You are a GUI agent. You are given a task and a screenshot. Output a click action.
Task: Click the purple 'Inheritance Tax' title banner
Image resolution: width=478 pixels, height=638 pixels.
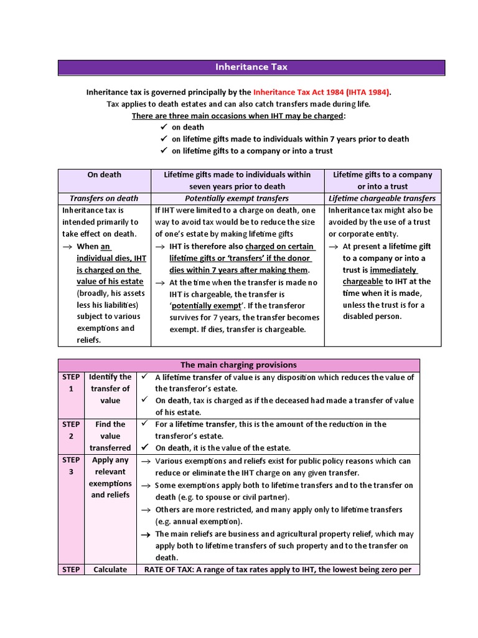point(251,67)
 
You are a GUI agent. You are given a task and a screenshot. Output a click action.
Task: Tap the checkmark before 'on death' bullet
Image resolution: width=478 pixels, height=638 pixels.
point(164,127)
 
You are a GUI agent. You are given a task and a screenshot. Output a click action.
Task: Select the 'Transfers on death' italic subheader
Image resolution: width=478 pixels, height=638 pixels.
point(105,199)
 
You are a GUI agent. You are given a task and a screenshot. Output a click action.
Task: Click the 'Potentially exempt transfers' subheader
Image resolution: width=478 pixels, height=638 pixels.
point(237,199)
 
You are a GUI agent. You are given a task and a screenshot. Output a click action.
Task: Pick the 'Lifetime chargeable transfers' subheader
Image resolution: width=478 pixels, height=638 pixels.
point(382,199)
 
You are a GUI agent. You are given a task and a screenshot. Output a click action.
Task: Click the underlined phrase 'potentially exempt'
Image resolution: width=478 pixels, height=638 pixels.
point(206,306)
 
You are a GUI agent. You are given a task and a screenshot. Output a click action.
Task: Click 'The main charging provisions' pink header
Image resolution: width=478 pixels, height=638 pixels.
point(238,365)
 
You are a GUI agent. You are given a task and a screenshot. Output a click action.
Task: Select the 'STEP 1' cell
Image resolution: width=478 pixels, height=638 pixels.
point(72,383)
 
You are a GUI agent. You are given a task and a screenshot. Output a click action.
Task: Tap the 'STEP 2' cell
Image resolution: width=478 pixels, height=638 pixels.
point(72,430)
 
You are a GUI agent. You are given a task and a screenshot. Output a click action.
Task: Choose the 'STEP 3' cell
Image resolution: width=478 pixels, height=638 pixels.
point(72,466)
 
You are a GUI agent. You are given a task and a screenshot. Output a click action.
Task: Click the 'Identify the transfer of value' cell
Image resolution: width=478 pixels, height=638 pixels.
point(110,389)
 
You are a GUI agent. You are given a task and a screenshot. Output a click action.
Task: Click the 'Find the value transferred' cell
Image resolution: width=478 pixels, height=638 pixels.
point(110,436)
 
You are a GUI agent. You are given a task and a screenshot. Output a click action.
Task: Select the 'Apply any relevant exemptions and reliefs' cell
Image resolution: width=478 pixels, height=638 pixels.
point(110,477)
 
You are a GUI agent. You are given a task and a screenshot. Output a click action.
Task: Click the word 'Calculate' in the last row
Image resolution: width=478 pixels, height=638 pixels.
point(110,569)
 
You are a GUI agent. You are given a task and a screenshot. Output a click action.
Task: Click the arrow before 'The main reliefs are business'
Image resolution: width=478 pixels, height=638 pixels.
point(146,535)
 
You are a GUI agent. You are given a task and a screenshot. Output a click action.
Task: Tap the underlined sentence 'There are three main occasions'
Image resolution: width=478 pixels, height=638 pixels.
point(238,116)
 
